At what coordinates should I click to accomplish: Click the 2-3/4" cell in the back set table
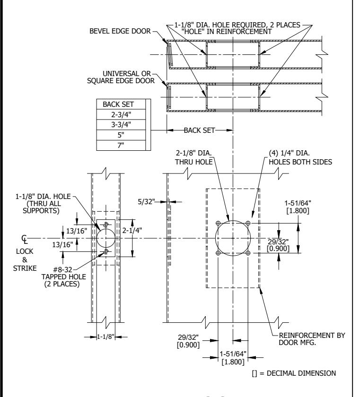coord(121,114)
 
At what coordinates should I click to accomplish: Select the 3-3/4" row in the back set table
coord(121,125)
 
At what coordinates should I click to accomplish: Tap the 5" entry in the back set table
coord(121,135)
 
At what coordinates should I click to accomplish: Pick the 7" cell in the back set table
coord(121,146)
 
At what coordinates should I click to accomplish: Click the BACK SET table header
coord(118,104)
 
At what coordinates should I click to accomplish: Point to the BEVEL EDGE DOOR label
coord(120,31)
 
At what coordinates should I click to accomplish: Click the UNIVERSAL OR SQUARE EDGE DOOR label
coord(121,77)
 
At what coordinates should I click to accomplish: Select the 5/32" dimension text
coord(146,202)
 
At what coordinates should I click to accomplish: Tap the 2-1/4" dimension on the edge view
coord(132,231)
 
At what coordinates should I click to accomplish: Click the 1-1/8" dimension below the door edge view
coord(105,337)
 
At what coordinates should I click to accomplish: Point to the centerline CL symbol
coord(25,239)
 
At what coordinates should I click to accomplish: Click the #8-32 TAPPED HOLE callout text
coord(63,277)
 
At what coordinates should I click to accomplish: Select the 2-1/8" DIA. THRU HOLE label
coord(194,157)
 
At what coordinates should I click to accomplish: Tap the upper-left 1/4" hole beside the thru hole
coord(218,223)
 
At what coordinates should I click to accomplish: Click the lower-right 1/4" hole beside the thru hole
coord(248,253)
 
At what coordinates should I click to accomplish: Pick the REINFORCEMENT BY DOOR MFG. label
coord(312,339)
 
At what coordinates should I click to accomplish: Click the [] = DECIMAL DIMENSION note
coord(294,373)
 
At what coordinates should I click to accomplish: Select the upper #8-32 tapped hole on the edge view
coord(106,224)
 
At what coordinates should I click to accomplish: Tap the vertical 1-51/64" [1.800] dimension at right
coord(298,207)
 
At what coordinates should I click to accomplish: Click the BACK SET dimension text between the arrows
coord(199,130)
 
